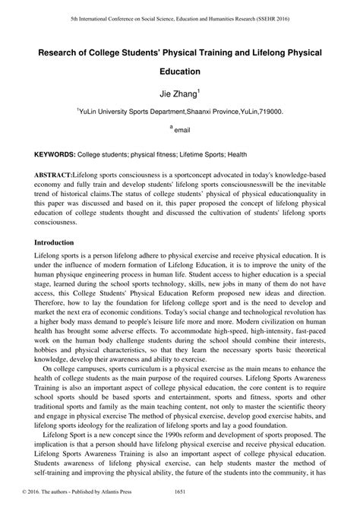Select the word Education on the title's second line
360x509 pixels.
coord(180,73)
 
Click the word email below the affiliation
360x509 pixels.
coord(182,131)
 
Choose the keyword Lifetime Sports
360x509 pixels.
coord(200,154)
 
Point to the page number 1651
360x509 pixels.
coord(179,501)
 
